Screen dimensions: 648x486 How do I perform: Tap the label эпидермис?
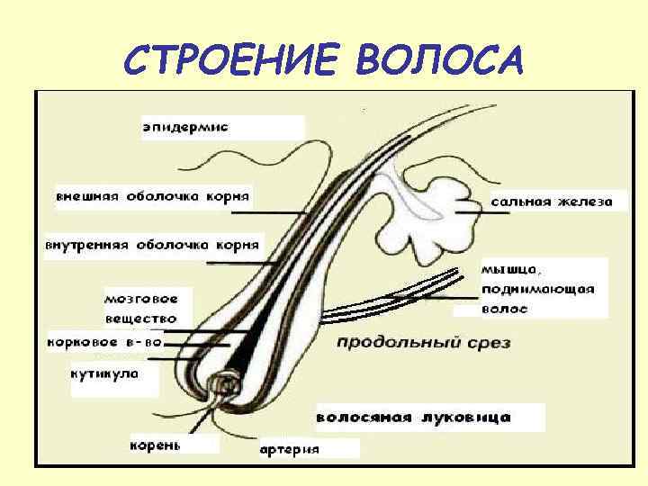point(186,127)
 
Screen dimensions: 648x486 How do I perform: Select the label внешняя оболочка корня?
point(153,194)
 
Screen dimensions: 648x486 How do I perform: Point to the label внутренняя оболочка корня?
point(153,244)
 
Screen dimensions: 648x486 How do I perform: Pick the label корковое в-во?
point(105,342)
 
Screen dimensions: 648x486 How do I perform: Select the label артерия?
point(289,449)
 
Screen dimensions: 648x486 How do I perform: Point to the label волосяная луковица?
point(413,418)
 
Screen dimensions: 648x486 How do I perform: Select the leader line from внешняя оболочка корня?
point(270,212)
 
